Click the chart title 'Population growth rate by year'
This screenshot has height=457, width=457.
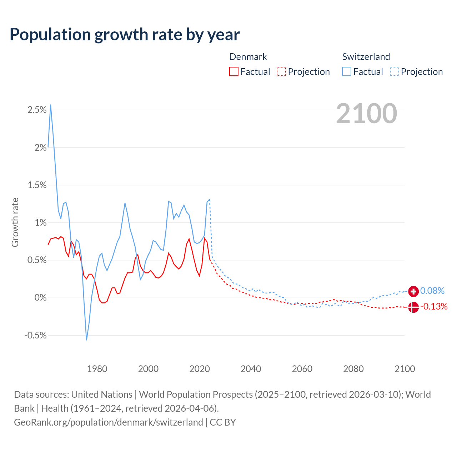[x=125, y=35]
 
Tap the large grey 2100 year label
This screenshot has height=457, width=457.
[x=366, y=114]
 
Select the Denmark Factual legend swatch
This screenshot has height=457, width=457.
[x=233, y=71]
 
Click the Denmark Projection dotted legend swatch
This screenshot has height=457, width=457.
[x=281, y=71]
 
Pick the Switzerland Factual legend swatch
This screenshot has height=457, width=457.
[x=346, y=71]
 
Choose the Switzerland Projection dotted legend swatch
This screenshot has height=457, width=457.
[x=394, y=71]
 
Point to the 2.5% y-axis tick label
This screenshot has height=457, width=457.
[x=37, y=110]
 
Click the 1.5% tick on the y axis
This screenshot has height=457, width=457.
[x=37, y=185]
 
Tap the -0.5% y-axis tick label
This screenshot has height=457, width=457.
[x=36, y=335]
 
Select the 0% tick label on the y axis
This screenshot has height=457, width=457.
[x=40, y=298]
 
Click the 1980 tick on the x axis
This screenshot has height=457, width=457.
[x=97, y=369]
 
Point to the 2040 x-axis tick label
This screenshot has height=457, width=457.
[x=251, y=369]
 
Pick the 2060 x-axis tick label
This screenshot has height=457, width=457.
[x=302, y=369]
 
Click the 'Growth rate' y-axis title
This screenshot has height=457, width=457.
[x=15, y=222]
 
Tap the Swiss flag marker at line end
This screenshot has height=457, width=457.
[x=413, y=291]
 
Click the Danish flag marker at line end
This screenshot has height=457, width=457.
[x=413, y=307]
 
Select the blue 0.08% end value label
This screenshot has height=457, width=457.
[x=432, y=291]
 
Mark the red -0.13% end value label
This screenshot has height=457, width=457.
[x=434, y=306]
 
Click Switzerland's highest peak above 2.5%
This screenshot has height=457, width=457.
[x=51, y=105]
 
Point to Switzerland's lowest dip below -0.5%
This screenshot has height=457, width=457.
[x=86, y=340]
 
